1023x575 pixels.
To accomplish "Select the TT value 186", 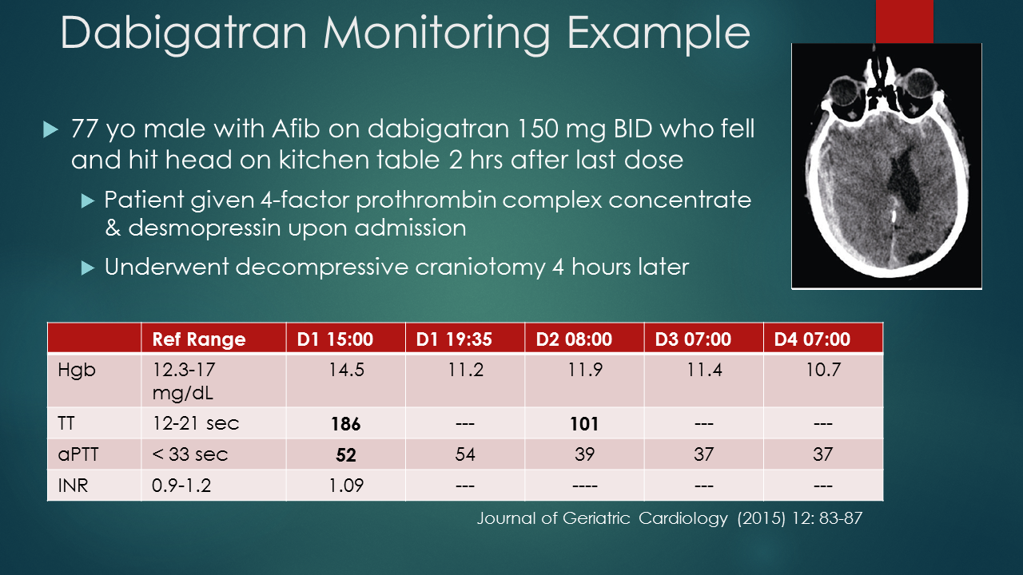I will [x=345, y=424].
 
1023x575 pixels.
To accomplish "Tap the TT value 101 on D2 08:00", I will [x=584, y=424].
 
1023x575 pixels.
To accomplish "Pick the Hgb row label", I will [x=76, y=371].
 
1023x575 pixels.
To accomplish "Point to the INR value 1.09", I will [x=345, y=486].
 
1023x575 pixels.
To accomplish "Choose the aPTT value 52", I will [x=345, y=455].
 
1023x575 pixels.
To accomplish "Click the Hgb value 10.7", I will [x=823, y=371].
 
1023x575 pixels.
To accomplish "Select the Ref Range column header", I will [x=199, y=339].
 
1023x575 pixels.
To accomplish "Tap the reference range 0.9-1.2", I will [x=181, y=486].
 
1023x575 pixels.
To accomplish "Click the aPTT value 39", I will [x=584, y=454].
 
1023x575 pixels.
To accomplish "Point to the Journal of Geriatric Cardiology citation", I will [x=669, y=518].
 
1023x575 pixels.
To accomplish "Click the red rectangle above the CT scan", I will [x=904, y=21].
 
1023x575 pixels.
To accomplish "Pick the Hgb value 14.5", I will [x=345, y=371].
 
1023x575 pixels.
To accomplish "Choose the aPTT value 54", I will [x=464, y=454].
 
